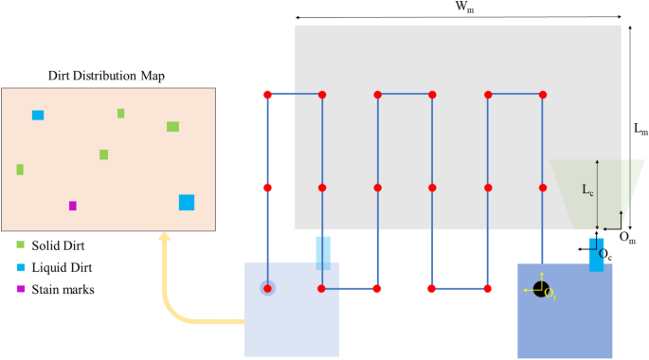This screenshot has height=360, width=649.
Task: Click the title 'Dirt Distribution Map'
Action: click(x=107, y=76)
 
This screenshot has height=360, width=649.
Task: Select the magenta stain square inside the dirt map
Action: click(x=73, y=206)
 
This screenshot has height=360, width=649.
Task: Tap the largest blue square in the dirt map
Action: click(x=187, y=202)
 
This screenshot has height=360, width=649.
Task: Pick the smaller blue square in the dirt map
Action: click(x=38, y=116)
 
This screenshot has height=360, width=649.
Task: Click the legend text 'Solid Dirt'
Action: click(x=58, y=246)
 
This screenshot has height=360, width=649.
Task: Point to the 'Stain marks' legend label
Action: click(x=63, y=289)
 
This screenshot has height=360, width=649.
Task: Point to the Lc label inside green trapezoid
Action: click(x=588, y=189)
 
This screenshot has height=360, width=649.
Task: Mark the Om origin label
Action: click(x=627, y=235)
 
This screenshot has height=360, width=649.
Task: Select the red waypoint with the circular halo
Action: click(x=268, y=288)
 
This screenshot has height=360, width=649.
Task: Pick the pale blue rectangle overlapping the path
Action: click(x=323, y=253)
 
